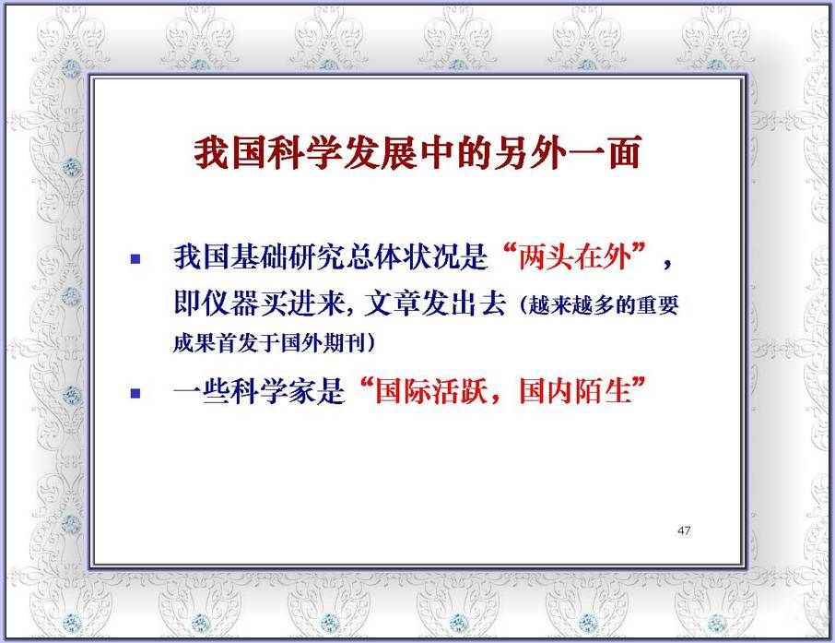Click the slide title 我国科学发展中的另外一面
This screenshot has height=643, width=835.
pyautogui.click(x=417, y=153)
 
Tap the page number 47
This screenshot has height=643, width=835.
pyautogui.click(x=684, y=530)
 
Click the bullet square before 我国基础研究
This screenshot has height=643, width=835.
pyautogui.click(x=135, y=259)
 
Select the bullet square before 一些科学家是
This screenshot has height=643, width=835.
pyautogui.click(x=135, y=394)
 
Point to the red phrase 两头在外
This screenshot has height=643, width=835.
pyautogui.click(x=574, y=257)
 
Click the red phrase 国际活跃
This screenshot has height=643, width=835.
pyautogui.click(x=431, y=391)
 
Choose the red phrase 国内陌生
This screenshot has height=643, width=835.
pyautogui.click(x=575, y=391)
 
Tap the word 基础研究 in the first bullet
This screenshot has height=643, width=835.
pyautogui.click(x=288, y=257)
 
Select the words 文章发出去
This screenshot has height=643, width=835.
pyautogui.click(x=435, y=303)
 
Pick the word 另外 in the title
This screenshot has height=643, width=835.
pyautogui.click(x=529, y=153)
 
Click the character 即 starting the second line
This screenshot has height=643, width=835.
pyautogui.click(x=187, y=303)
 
